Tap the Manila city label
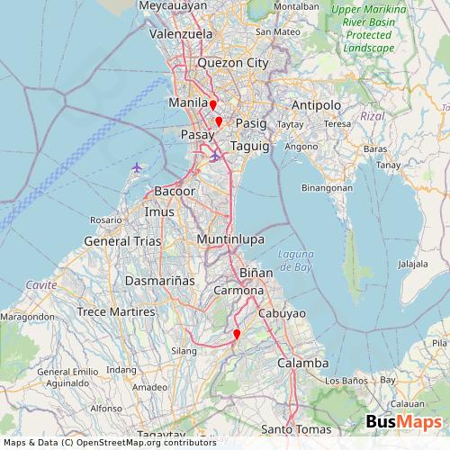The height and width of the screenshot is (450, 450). pos(188,104)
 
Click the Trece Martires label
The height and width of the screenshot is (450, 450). pos(117,311)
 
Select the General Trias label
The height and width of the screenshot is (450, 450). pos(122,241)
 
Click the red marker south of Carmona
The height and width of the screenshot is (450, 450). pos(237,335)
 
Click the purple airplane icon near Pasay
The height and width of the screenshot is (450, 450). pos(214,157)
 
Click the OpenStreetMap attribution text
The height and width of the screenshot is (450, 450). pos(108,442)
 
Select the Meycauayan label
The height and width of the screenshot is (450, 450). pos(171,6)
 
